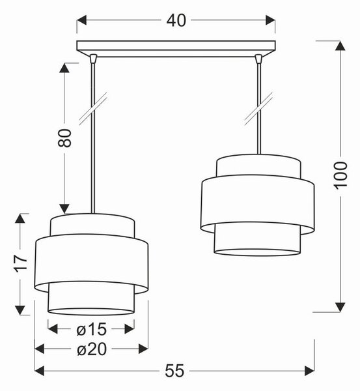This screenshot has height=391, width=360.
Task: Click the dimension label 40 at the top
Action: click(176, 20)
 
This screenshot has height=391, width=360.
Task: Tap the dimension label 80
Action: click(64, 138)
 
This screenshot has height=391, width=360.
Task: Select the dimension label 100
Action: click(340, 175)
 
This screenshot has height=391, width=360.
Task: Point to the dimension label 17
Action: click(20, 263)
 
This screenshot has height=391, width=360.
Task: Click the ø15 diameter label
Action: click(91, 329)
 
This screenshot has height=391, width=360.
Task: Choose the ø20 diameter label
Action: click(92, 349)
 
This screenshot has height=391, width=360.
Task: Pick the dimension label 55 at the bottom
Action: click(174, 371)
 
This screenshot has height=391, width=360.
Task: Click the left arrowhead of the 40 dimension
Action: click(81, 20)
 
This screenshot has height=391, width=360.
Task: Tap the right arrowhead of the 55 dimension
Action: click(309, 371)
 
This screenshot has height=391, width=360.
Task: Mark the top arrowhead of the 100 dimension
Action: click(340, 46)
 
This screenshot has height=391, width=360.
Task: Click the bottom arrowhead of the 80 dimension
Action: click(64, 209)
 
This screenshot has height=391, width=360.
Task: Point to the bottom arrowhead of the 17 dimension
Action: click(20, 310)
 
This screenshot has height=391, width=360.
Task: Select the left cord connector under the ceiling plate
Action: click(93, 58)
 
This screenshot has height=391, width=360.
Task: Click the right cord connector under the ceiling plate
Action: click(258, 58)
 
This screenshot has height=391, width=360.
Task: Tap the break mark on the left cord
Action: click(93, 108)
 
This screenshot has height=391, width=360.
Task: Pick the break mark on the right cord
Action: click(258, 108)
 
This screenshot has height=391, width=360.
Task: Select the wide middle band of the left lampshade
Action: click(91, 263)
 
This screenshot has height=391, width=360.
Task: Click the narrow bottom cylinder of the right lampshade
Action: click(257, 239)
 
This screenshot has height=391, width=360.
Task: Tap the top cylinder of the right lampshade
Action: click(258, 166)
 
